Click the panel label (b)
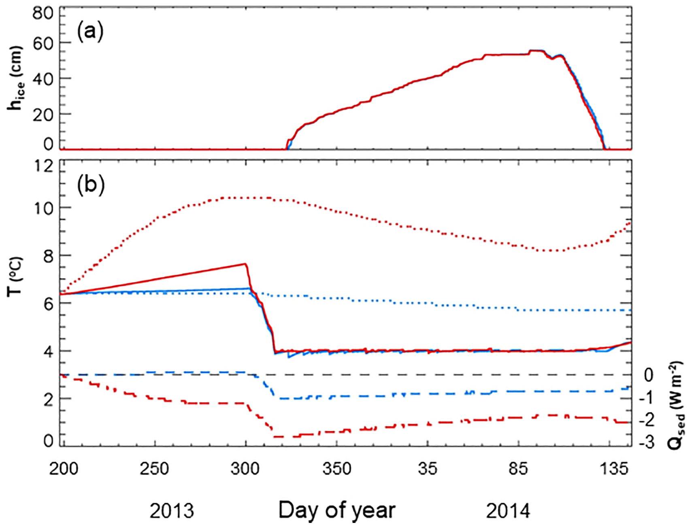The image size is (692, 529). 91,185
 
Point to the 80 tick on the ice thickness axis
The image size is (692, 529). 43,14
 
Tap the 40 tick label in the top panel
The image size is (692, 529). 43,79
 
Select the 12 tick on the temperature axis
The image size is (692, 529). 43,166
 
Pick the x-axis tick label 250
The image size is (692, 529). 154,469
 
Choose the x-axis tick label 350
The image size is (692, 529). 336,469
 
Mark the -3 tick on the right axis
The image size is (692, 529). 646,442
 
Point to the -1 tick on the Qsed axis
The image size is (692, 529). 646,397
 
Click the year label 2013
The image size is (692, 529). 172,511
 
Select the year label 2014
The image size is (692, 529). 508,511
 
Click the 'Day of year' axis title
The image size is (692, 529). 336,510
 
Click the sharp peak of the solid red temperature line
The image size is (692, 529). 245,264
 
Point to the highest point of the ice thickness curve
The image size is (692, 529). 535,51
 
